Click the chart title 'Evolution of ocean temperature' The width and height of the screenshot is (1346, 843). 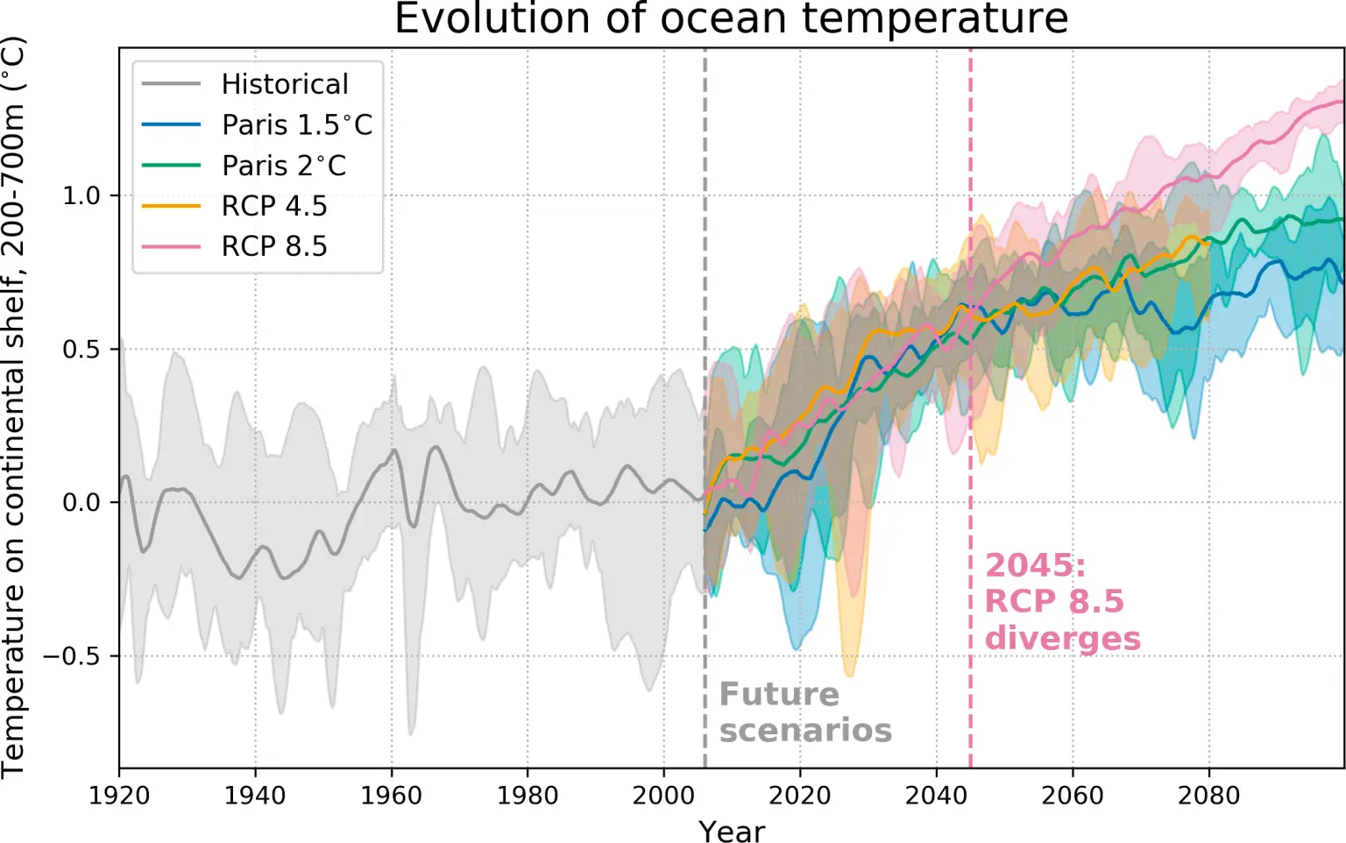click(731, 19)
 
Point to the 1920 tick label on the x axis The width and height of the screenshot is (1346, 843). click(119, 796)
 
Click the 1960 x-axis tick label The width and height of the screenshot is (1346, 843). click(392, 796)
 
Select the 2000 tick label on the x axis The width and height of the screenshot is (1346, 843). click(664, 796)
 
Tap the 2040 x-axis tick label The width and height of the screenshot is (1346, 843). click(937, 796)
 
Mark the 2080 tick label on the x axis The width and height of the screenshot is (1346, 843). click(1209, 796)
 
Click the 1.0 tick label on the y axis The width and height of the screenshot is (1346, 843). click(81, 195)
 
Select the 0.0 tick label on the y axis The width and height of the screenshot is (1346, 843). click(81, 503)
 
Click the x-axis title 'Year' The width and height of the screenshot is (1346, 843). click(732, 831)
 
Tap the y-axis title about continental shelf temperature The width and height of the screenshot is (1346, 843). click(15, 407)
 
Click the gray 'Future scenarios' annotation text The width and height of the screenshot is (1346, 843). click(805, 712)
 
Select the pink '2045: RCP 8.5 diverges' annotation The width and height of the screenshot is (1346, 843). click(1062, 602)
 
